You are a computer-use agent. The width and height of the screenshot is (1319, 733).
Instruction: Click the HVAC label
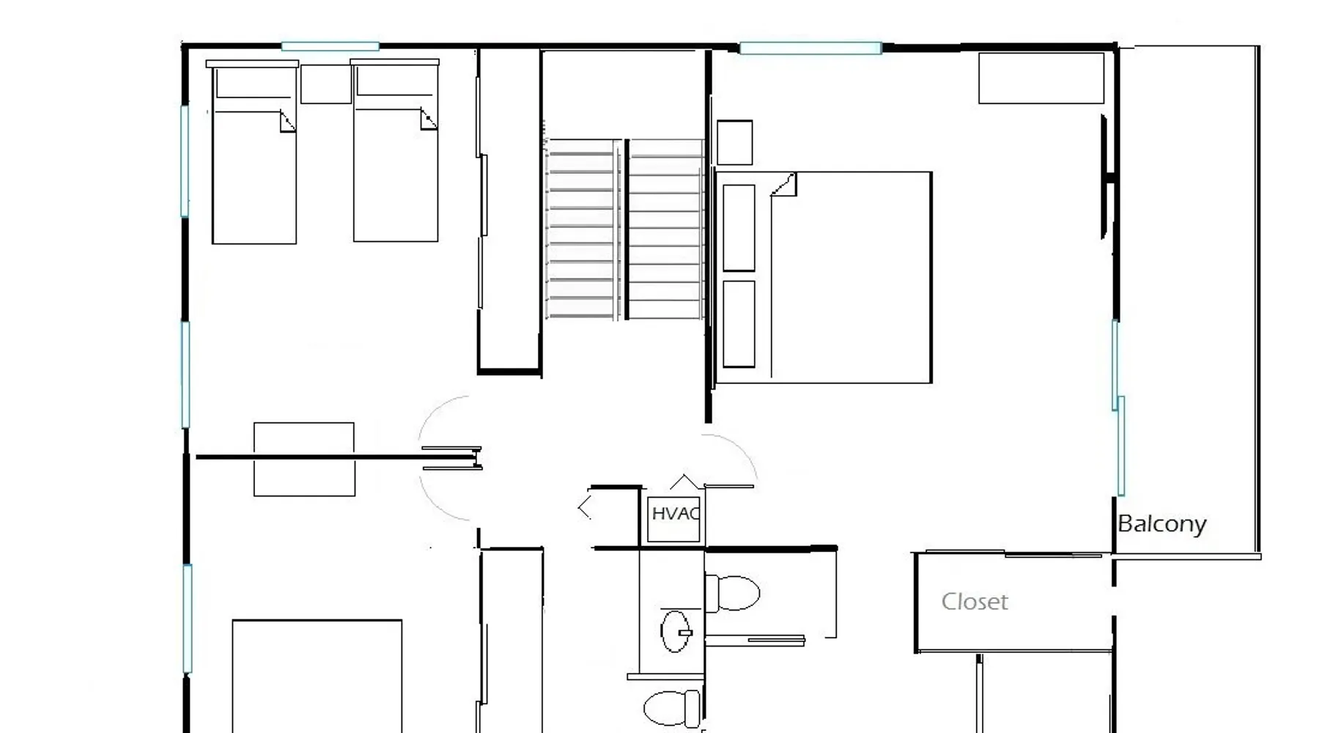point(676,514)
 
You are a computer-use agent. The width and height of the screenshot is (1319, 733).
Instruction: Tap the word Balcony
point(1161,524)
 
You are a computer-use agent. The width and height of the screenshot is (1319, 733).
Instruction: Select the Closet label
point(975,602)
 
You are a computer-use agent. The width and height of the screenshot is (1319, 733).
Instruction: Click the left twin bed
point(254,152)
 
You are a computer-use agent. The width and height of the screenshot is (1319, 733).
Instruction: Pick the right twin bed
point(395,150)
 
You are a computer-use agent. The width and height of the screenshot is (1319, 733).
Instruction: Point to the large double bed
point(823,277)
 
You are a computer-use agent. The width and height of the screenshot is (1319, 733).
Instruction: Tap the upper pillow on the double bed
point(739,228)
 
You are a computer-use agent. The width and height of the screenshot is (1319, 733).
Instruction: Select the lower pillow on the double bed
point(739,324)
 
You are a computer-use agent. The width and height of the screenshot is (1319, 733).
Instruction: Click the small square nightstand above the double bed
point(734,142)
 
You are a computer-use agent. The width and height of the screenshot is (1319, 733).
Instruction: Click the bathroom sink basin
point(676,631)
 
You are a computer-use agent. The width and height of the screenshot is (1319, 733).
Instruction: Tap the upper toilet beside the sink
point(731,593)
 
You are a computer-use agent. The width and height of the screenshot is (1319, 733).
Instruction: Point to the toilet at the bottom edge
point(672,708)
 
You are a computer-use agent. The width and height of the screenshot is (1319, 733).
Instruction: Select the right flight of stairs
point(665,229)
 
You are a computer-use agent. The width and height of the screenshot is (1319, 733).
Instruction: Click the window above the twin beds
point(330,46)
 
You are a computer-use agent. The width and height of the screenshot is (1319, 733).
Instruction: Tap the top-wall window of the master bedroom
point(810,48)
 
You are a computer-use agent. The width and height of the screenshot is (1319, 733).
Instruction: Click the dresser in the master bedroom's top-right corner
point(1041,78)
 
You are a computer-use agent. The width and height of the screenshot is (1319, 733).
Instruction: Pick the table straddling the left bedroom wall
point(304,459)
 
